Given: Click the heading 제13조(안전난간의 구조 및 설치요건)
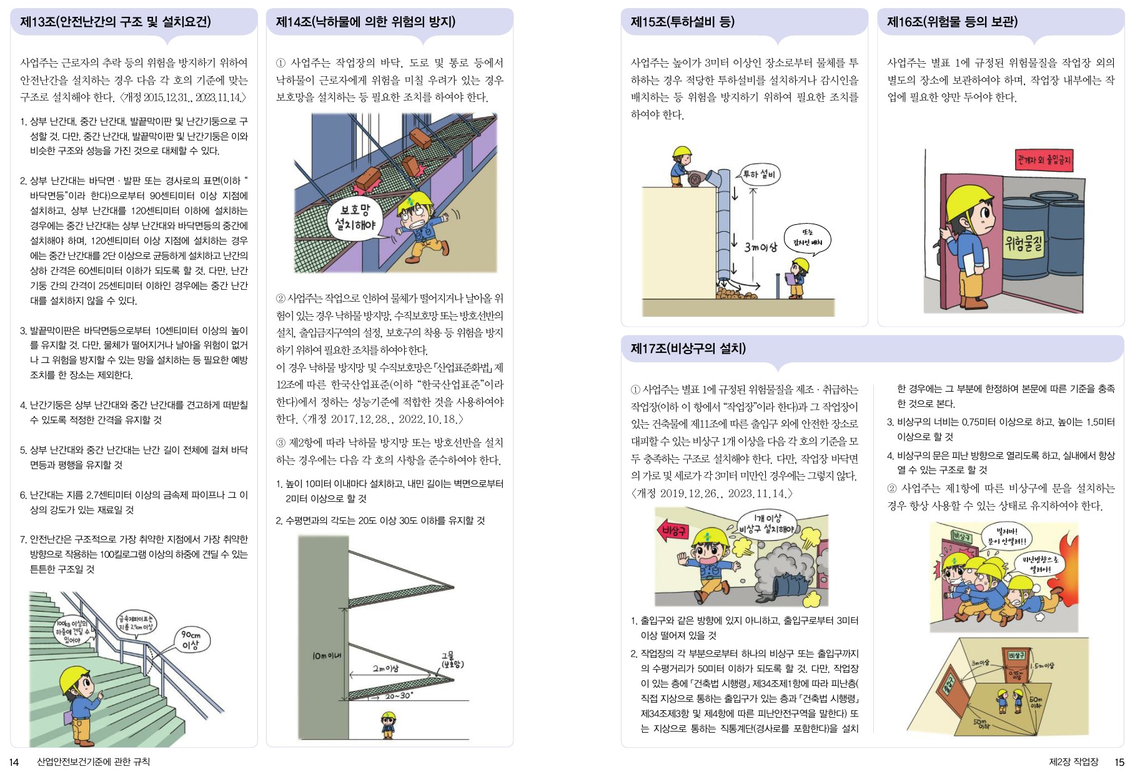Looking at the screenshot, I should coord(116,22).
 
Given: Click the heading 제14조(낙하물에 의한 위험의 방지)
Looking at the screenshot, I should coord(365,22).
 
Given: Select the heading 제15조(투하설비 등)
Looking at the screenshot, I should coord(683,22).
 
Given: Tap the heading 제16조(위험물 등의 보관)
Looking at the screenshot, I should coord(952,22).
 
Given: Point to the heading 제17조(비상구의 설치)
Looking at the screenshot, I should coord(688,349).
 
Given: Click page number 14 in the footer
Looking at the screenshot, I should coord(14,762).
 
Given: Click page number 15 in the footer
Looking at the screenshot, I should coord(1119,762).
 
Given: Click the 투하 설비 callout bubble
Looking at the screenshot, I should coord(759,174).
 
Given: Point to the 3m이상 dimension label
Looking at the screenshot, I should coord(760,247).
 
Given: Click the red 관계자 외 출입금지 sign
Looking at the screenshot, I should coord(1044,160).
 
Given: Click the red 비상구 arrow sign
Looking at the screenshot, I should coord(673,531).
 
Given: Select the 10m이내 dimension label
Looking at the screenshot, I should coord(327,655).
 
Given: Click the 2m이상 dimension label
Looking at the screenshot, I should coord(385,668).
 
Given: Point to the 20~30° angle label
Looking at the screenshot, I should coord(399,696).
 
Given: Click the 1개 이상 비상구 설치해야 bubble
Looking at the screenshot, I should coord(766,523).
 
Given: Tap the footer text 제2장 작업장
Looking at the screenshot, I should coord(1073,762).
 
